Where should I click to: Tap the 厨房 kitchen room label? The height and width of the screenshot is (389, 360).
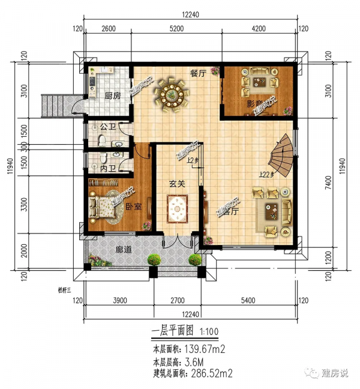pos(113,96)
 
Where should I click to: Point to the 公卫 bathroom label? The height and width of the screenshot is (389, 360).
pos(108,127)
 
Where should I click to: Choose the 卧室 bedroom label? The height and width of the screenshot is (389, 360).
pos(133,207)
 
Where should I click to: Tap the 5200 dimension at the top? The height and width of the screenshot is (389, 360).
pos(177,28)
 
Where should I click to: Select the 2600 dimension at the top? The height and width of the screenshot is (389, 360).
pos(109,28)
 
